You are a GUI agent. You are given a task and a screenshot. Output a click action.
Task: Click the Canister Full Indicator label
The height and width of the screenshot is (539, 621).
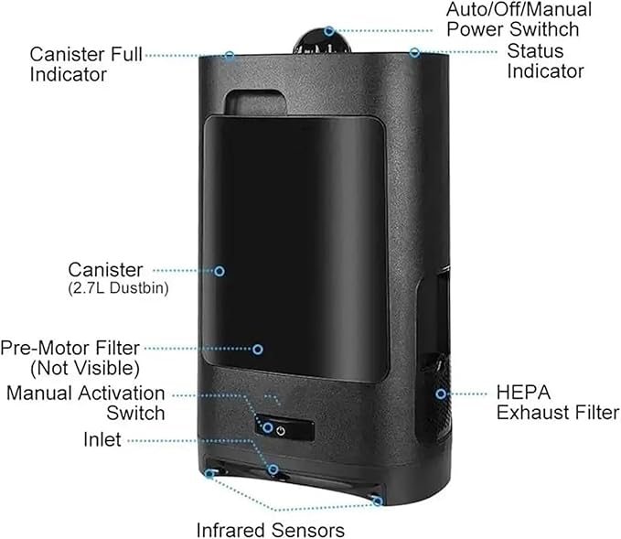(86, 64)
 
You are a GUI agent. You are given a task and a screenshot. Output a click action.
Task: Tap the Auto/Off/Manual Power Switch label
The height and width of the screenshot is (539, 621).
(519, 19)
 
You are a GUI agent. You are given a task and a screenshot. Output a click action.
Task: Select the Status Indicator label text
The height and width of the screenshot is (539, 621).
(545, 61)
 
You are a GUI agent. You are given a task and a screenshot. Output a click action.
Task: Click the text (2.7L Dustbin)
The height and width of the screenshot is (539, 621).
(118, 288)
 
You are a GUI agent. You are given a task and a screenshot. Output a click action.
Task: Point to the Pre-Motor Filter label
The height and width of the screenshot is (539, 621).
(70, 358)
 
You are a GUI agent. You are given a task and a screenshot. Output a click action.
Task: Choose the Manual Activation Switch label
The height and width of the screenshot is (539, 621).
(86, 403)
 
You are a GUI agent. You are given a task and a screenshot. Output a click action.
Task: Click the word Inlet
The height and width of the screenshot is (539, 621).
(102, 439)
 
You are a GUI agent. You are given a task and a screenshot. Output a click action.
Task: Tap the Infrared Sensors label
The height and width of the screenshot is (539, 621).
(270, 530)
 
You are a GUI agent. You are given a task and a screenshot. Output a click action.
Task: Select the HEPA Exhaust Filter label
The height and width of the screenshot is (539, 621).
(558, 403)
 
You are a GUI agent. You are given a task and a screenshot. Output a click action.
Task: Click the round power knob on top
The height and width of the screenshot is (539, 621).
(322, 41)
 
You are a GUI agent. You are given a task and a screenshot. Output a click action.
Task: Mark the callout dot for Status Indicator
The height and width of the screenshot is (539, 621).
(414, 52)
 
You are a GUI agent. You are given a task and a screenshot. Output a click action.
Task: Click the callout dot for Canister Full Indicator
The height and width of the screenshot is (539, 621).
(230, 56)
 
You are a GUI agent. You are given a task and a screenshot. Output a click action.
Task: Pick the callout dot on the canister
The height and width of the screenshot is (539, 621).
(219, 271)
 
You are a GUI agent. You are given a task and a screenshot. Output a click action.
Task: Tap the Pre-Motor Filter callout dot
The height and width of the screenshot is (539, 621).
(258, 350)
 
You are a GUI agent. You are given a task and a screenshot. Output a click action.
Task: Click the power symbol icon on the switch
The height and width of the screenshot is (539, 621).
(281, 430)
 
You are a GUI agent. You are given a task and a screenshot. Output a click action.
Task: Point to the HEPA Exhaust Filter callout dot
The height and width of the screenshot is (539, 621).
(441, 393)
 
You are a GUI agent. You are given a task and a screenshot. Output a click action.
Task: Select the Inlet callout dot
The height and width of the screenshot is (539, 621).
(273, 470)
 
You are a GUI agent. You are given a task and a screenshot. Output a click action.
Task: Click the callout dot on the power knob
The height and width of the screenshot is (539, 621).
(328, 31)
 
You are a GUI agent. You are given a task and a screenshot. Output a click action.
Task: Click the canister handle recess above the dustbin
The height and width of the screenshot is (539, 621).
(255, 102)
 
